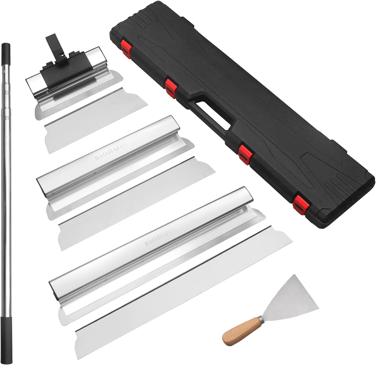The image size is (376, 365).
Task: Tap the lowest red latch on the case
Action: tap(299, 203)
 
